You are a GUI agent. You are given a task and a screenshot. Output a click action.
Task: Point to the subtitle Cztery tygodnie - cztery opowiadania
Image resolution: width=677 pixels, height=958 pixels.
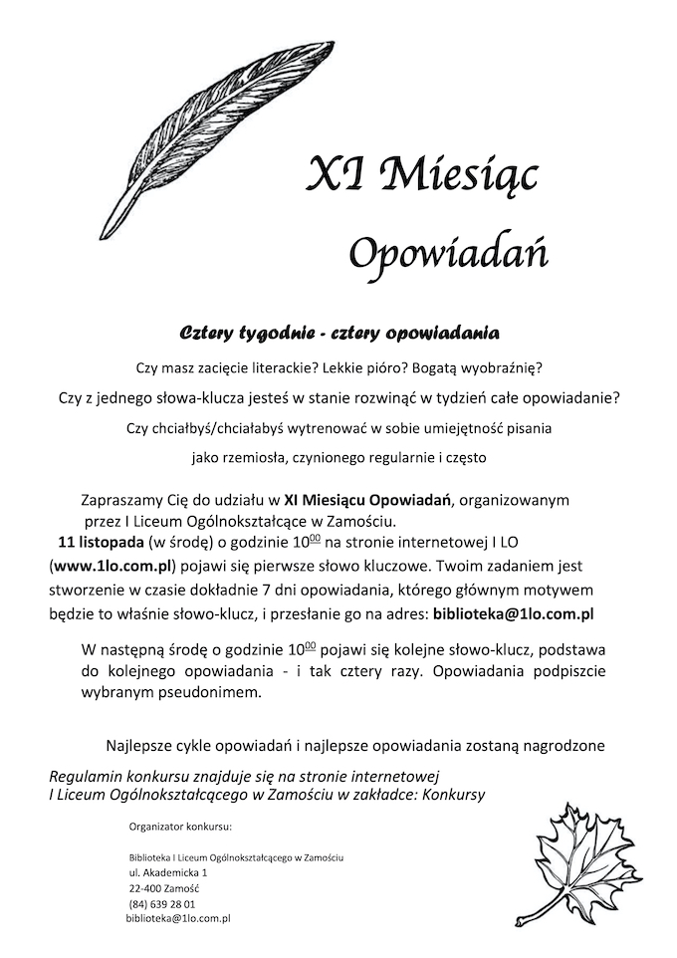coord(338,328)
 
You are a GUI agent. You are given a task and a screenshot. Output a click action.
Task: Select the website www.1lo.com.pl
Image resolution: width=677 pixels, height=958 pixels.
coord(113,566)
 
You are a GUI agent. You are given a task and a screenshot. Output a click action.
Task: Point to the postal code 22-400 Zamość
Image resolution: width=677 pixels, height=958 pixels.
coord(164,888)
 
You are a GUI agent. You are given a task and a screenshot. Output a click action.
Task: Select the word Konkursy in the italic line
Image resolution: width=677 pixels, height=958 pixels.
coord(455,794)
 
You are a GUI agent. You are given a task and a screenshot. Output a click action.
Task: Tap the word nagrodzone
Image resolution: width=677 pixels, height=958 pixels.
coord(560,745)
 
